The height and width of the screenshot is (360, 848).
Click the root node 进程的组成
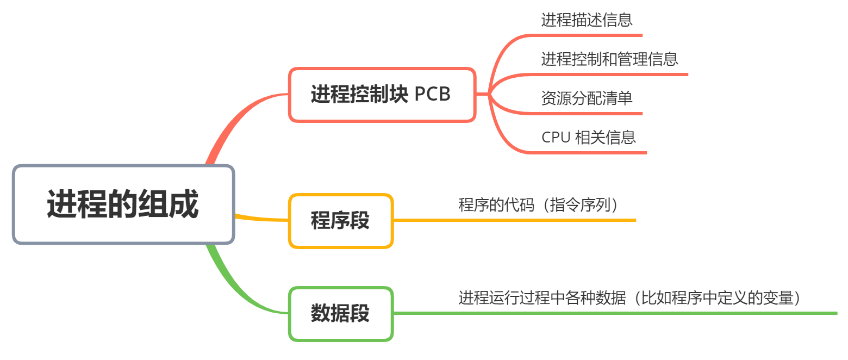(x=123, y=204)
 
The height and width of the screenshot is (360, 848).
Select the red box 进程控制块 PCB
(x=382, y=95)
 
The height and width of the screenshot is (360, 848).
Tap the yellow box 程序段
(x=341, y=221)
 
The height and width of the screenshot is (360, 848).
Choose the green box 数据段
(x=341, y=314)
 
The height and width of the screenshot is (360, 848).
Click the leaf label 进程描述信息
(x=587, y=20)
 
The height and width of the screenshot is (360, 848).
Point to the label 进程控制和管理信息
(x=609, y=59)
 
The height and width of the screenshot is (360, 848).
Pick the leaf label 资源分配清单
(x=587, y=98)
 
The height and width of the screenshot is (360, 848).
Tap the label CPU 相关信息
(x=589, y=137)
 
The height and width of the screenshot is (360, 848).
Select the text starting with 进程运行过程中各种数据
(x=631, y=298)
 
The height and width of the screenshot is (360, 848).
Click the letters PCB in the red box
(x=433, y=95)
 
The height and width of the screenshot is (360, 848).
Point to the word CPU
(x=556, y=137)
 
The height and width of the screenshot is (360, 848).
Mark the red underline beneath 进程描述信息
(x=587, y=35)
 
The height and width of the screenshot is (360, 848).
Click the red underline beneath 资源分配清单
(x=587, y=114)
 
